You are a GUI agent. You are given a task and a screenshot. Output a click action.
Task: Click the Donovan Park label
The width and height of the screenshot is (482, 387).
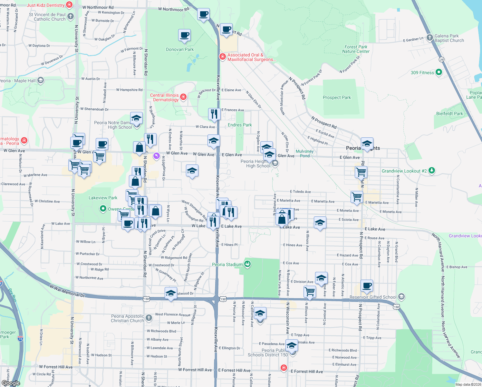click(180, 49)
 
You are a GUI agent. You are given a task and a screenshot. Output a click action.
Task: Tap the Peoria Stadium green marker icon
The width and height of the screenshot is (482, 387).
click(247, 264)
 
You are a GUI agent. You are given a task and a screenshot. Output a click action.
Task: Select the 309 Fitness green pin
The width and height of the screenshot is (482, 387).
click(439, 72)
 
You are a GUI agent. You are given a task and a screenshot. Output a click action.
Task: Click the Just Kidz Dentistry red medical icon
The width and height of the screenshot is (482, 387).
click(69, 5)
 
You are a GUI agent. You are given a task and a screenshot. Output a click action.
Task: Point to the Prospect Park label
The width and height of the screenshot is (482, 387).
click(337, 97)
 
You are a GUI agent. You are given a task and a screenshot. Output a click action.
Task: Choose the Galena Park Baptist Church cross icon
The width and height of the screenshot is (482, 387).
click(429, 38)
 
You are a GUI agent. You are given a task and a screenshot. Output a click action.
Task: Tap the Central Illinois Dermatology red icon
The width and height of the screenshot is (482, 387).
click(183, 97)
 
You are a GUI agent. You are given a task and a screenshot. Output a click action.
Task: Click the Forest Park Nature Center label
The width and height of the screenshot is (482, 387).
click(356, 49)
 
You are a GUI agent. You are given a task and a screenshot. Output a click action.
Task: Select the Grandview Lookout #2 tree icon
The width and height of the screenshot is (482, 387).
click(432, 170)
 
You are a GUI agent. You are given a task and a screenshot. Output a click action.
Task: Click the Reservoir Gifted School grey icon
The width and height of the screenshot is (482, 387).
click(401, 296)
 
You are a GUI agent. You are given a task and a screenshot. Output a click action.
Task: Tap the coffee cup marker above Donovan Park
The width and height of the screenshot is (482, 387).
click(185, 35)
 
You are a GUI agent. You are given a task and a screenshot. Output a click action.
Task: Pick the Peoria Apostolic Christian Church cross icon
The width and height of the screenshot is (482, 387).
click(149, 318)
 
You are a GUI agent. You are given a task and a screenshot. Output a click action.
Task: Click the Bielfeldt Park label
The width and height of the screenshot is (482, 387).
click(449, 114)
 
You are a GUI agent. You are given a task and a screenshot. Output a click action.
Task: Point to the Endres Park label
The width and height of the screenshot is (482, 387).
click(240, 125)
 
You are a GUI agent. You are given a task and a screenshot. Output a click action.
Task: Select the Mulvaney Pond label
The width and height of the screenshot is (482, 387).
click(304, 154)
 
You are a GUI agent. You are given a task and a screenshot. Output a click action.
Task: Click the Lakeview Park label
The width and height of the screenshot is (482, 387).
click(103, 198)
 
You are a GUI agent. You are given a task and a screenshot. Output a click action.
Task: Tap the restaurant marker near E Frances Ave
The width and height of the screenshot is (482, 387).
click(214, 114)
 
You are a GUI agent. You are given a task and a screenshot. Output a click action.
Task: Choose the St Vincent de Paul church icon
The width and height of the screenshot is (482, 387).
click(71, 16)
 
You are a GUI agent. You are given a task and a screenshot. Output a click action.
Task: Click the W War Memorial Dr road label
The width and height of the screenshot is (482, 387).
click(67, 290)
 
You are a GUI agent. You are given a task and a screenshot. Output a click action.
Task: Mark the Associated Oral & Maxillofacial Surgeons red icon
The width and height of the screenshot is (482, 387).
click(222, 57)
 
